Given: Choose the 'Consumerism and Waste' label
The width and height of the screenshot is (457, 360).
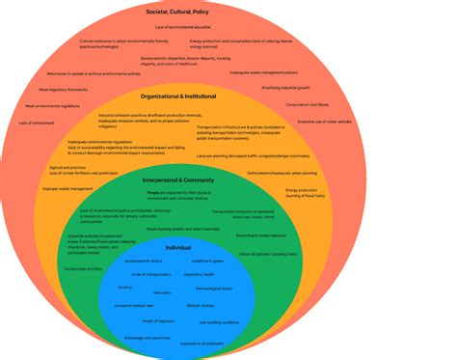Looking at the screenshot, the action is point(308,104).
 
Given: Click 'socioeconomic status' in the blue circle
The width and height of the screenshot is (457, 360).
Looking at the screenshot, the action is point(144,261).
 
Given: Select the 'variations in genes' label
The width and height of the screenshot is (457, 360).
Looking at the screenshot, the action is point(208,261).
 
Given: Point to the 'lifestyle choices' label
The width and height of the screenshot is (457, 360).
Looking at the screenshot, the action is point(201,305).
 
